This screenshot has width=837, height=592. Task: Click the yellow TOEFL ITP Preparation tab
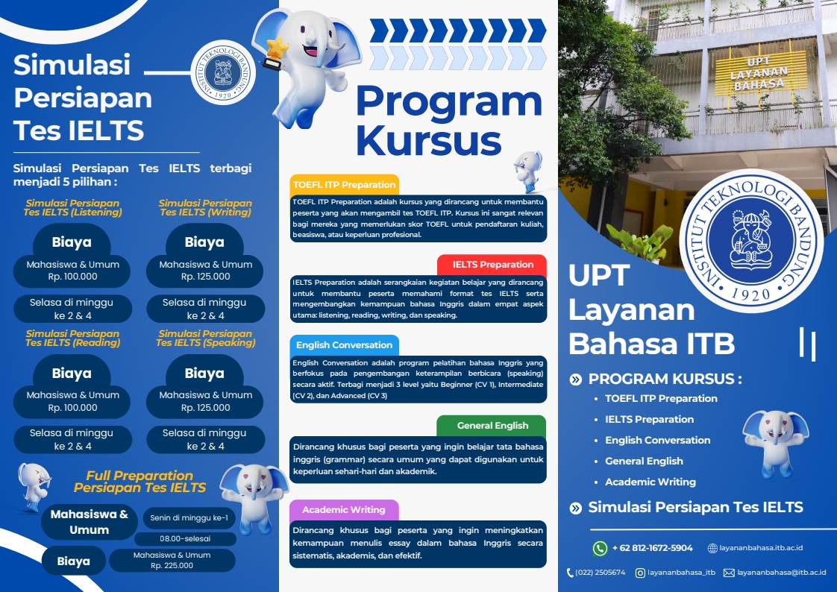345,184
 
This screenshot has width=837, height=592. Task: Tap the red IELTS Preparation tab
492,265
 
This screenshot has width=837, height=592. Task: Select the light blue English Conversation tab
345,345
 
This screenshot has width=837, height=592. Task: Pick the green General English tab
492,426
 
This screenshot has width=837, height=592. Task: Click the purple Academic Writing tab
344,510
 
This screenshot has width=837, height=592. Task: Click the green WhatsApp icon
600,548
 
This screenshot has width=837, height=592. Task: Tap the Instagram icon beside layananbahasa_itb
640,573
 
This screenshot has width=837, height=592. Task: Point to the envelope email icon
729,573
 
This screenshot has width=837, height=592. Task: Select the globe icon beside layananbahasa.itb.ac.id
712,548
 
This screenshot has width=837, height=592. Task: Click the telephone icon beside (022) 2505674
570,573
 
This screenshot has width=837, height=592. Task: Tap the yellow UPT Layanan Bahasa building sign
759,72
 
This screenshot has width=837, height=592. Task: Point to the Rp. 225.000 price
172,565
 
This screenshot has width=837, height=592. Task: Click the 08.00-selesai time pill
185,538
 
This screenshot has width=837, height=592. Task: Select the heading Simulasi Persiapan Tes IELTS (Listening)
72,207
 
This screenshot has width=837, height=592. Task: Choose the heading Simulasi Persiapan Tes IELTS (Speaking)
205,338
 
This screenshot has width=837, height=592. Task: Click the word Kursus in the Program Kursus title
429,140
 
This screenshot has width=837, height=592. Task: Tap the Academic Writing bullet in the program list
651,482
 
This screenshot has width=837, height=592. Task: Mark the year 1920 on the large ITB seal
751,294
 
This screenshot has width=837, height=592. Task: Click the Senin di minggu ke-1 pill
189,518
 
